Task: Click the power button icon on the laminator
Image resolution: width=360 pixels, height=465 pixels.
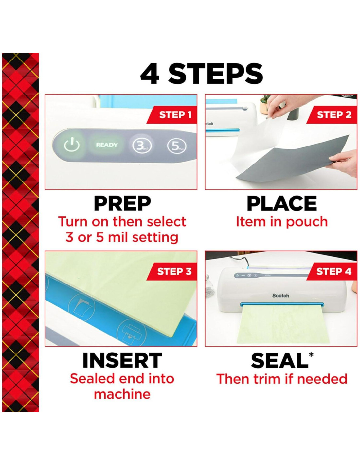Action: pos(72,145)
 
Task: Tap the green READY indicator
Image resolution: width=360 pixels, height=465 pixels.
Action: pos(107,145)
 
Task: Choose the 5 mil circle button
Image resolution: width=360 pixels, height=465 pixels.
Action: pos(176,146)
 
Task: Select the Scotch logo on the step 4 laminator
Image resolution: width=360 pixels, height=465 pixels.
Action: pos(281,296)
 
